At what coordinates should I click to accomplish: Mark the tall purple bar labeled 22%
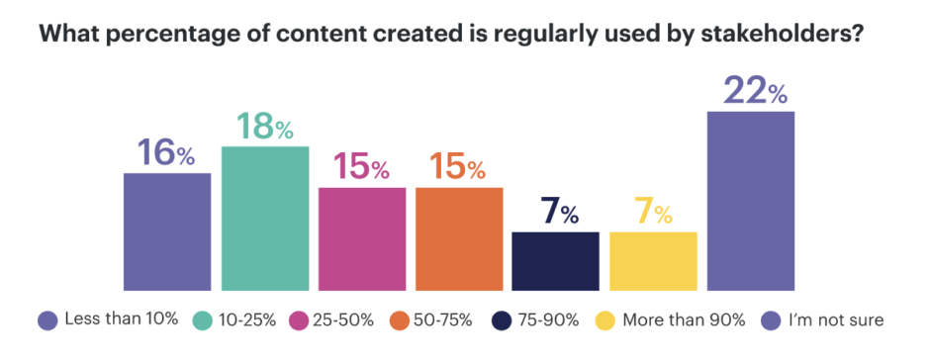751,201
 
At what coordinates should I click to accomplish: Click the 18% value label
264,127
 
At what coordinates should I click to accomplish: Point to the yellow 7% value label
653,213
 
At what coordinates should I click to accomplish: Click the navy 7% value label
556,213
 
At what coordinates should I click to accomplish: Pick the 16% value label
167,153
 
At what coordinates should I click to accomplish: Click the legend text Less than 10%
121,318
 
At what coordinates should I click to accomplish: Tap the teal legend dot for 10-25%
204,319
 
